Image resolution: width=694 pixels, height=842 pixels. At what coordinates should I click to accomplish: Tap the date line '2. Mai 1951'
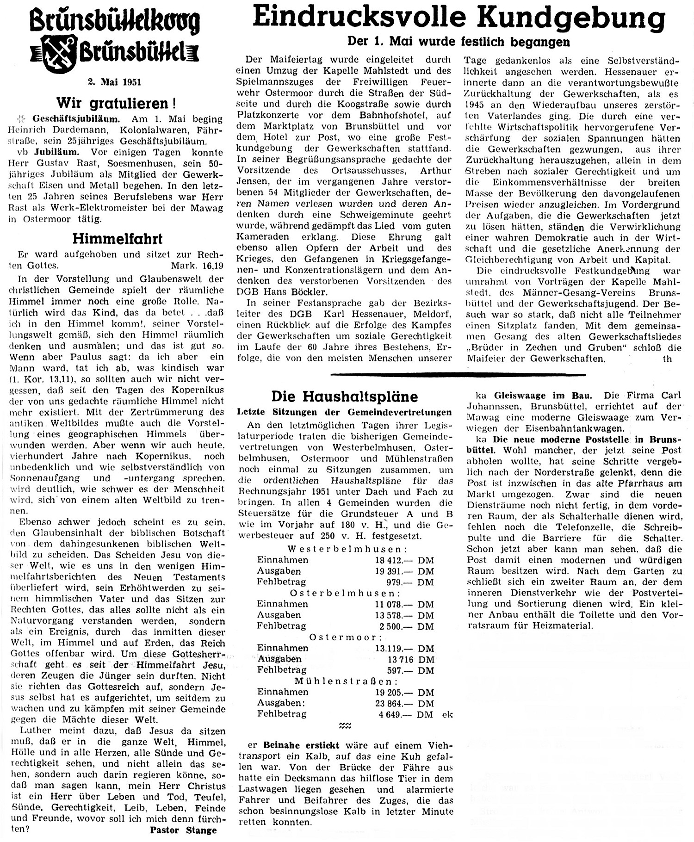[114, 82]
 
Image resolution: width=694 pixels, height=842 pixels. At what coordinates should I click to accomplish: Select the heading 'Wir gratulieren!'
[116, 102]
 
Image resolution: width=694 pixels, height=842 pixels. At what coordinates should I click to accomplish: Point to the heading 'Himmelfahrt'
[118, 239]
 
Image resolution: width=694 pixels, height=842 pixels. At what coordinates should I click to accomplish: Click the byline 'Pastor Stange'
[183, 830]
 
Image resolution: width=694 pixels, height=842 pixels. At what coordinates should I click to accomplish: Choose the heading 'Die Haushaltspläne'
[344, 396]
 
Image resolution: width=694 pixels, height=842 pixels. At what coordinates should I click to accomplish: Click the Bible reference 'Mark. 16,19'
[198, 266]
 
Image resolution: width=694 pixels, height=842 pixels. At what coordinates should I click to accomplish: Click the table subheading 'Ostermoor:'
[343, 637]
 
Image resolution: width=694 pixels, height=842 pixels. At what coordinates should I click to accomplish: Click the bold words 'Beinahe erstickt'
[301, 745]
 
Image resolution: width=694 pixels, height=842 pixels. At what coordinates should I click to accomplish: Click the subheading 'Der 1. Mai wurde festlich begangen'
[459, 42]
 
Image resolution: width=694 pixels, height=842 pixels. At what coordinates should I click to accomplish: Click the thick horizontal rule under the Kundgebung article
[458, 374]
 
